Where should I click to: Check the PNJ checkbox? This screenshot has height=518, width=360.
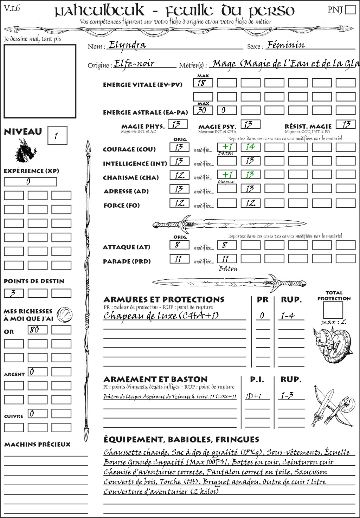click(350, 9)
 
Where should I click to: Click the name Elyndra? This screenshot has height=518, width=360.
click(127, 45)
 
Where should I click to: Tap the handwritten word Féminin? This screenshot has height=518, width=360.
click(285, 45)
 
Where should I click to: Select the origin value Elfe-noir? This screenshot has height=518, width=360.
click(134, 64)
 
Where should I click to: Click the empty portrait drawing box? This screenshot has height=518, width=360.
click(40, 81)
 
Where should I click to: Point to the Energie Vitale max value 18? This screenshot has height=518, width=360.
click(202, 83)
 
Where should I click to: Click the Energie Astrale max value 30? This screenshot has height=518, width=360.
click(202, 110)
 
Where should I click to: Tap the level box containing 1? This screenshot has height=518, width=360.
click(57, 136)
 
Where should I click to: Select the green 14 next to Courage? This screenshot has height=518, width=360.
click(250, 147)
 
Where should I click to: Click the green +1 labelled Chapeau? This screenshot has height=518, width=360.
click(227, 175)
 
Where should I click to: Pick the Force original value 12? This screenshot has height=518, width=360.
click(179, 203)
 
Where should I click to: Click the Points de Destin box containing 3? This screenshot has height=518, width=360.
click(13, 293)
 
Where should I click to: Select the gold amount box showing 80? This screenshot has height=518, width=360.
click(37, 330)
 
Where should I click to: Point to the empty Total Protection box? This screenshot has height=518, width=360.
click(333, 310)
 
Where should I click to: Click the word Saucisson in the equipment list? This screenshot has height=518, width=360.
click(311, 472)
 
